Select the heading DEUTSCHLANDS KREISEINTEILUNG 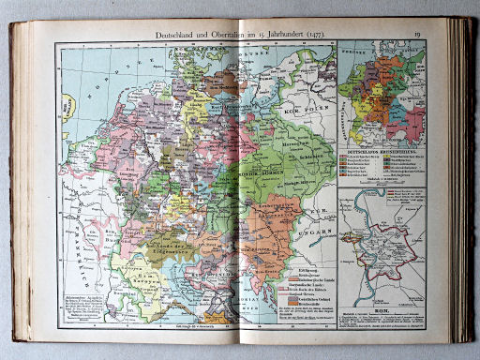(x=380, y=147)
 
